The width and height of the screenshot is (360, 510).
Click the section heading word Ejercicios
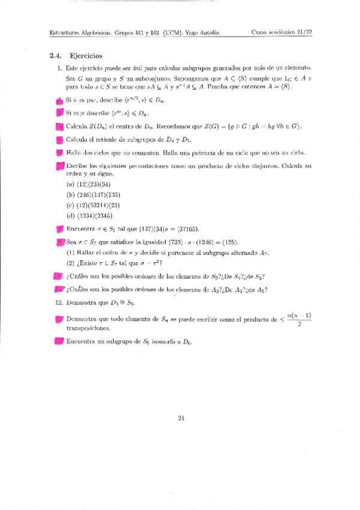87,55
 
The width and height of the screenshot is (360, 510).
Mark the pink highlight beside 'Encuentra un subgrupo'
59,342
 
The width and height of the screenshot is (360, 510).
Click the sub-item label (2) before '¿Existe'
70,263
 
